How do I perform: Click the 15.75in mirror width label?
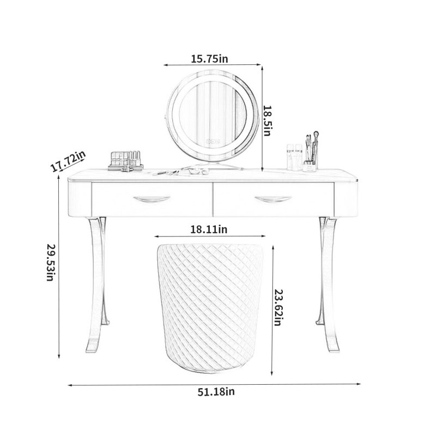coord(209,59)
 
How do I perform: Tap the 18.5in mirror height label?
coord(267,120)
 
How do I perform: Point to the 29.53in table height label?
coord(51,263)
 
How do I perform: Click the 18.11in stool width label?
coord(209,229)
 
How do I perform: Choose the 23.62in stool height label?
coord(278,307)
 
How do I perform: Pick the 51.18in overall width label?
coord(216,392)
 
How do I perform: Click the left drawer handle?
coord(152,199)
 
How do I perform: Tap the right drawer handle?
coord(273,199)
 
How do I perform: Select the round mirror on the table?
coord(213,114)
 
